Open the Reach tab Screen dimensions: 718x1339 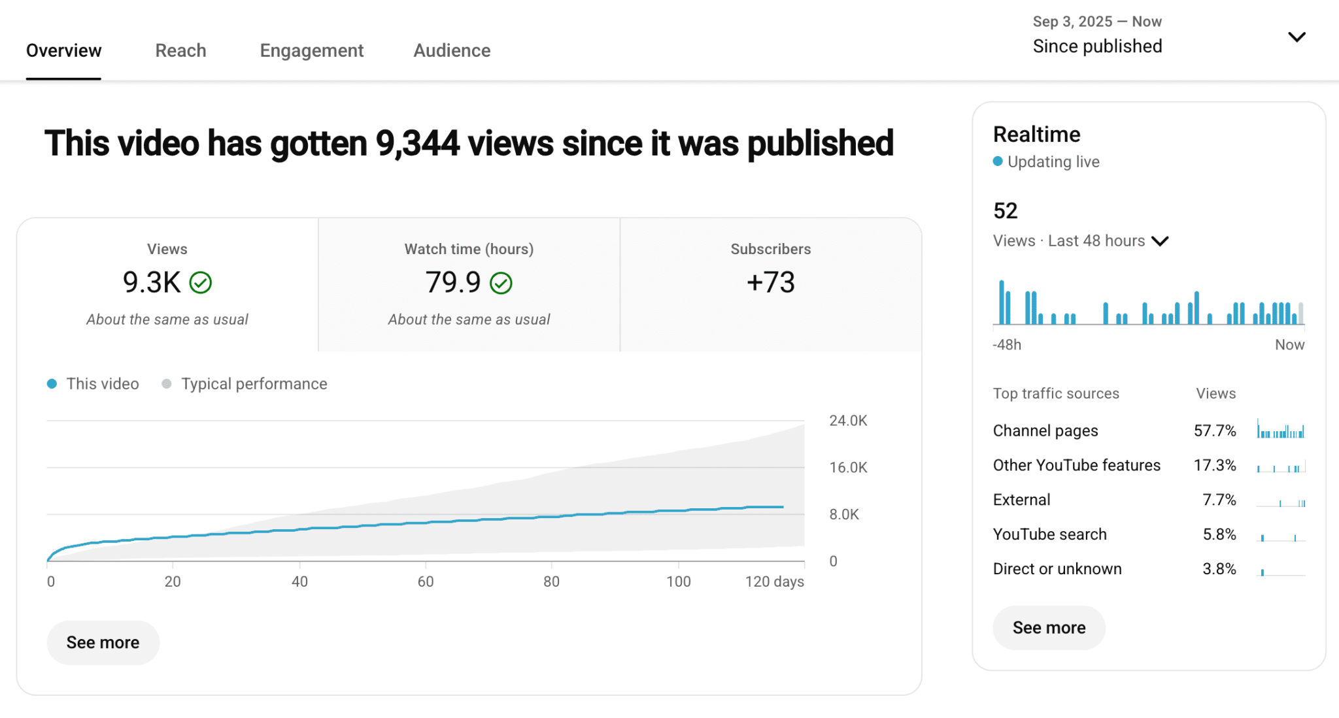coord(180,50)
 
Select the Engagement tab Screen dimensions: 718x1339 coord(311,50)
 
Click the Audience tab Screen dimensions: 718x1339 coord(452,50)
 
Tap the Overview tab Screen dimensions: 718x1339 coord(63,50)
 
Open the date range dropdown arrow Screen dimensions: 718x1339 coord(1297,37)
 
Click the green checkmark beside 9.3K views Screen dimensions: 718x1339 coord(201,283)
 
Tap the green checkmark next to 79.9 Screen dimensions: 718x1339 coord(501,283)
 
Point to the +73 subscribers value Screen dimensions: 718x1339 coord(770,282)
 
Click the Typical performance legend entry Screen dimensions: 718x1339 coord(254,383)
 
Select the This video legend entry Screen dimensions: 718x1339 coord(102,383)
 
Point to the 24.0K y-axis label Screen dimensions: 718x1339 coord(848,421)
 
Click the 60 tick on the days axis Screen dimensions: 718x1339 coord(426,581)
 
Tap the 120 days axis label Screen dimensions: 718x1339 coord(774,581)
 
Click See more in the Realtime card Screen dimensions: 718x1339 coord(1049,628)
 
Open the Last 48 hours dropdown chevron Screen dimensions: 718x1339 coord(1160,241)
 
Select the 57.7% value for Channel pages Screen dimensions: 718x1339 coord(1214,431)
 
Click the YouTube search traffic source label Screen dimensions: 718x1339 coord(1049,534)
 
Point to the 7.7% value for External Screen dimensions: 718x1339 coord(1219,500)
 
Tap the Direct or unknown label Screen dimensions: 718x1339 coord(1057,569)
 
